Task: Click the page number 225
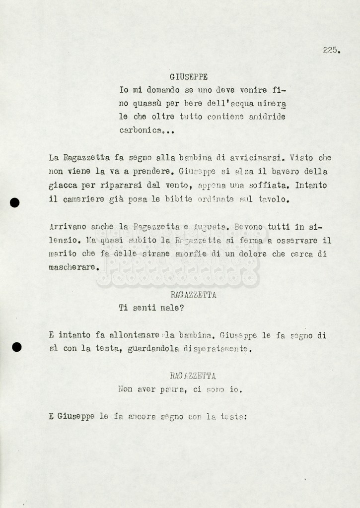coord(331,50)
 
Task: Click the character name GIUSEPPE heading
coord(188,77)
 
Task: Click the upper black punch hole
coord(15,202)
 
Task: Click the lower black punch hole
coord(16,347)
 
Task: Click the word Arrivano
coord(67,227)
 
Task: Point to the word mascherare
coord(73,267)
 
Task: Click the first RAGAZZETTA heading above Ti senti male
coord(193,295)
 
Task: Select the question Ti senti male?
coord(151,308)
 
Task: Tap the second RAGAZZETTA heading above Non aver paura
coord(193,376)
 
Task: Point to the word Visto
coord(301,158)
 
